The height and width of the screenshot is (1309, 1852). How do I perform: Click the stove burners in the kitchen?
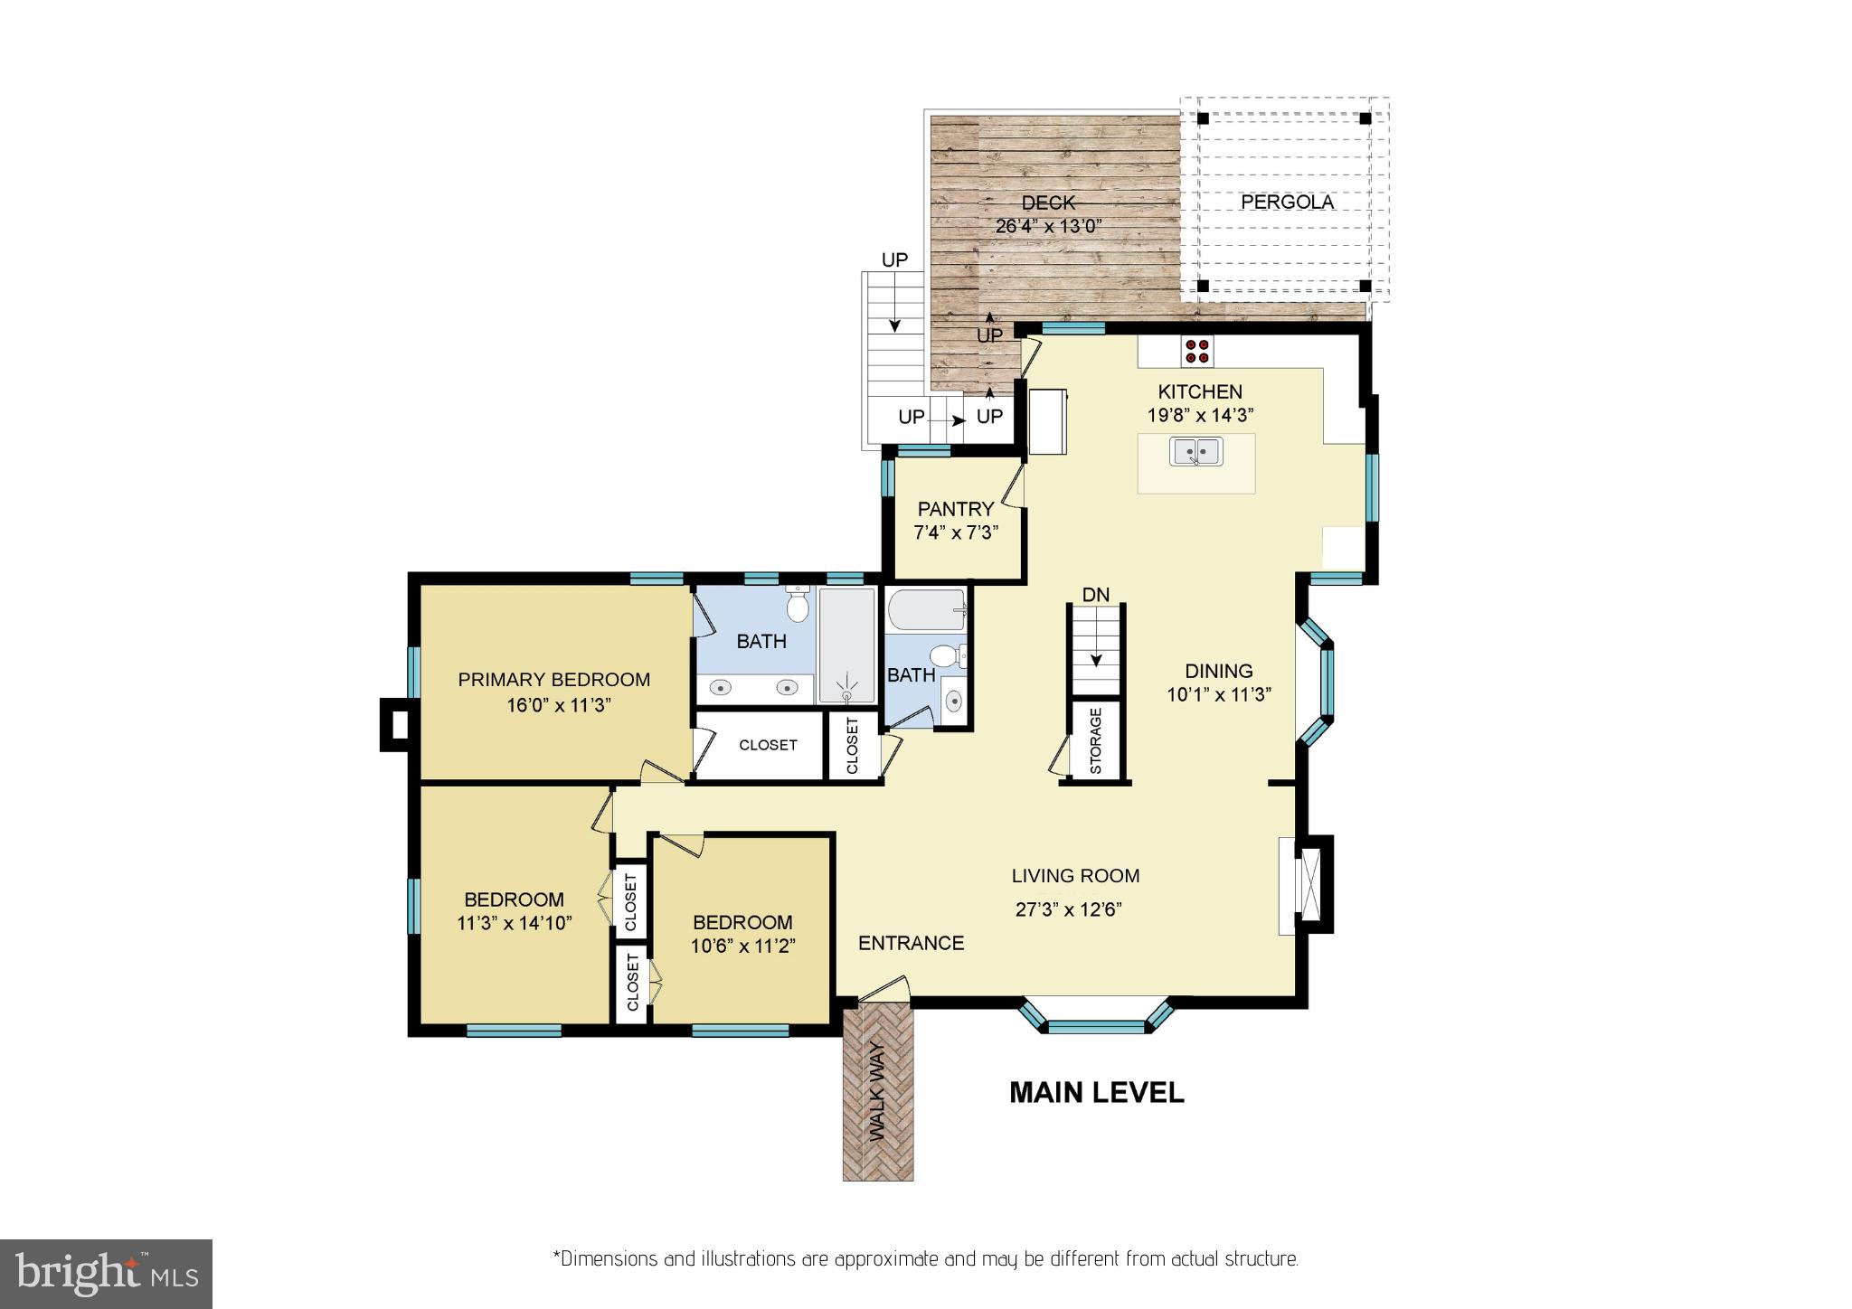[1197, 351]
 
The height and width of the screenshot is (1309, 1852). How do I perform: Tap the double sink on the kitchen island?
[1195, 450]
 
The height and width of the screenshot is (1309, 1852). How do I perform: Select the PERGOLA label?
[1287, 202]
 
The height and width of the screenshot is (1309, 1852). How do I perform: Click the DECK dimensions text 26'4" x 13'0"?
[1048, 226]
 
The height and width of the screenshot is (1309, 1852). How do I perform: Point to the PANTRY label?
[955, 509]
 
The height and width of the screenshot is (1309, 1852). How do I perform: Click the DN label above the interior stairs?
[1095, 595]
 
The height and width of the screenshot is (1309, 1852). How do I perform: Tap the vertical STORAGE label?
[1096, 740]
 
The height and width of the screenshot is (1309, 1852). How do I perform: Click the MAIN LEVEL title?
[1096, 1092]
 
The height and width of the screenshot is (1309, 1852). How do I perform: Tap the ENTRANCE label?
[911, 943]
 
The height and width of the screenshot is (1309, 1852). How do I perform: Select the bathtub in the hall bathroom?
[927, 610]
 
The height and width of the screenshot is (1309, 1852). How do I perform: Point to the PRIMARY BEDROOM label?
[553, 680]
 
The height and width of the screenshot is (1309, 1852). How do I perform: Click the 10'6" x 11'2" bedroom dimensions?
[742, 946]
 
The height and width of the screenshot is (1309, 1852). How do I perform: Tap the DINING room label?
[1218, 671]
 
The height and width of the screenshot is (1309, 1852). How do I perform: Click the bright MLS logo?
[106, 1274]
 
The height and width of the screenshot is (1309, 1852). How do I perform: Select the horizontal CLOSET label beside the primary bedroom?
[768, 745]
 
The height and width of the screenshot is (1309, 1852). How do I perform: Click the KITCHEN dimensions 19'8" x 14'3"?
[1200, 416]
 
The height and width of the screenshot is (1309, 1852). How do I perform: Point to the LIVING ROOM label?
[1074, 875]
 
